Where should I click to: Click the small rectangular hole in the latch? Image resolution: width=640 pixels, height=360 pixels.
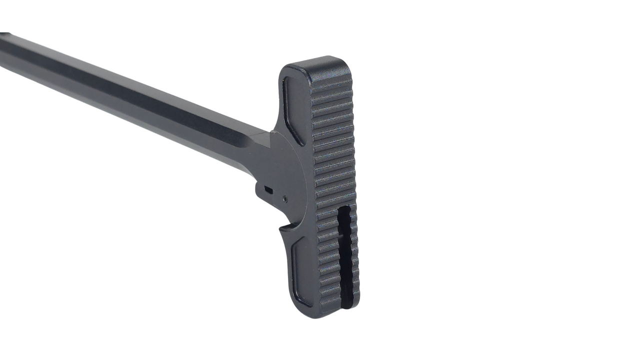coord(269,190)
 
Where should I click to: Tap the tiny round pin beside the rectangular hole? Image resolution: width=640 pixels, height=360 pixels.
coord(284,198)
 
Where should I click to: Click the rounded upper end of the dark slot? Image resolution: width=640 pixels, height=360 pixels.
coord(345,209)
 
